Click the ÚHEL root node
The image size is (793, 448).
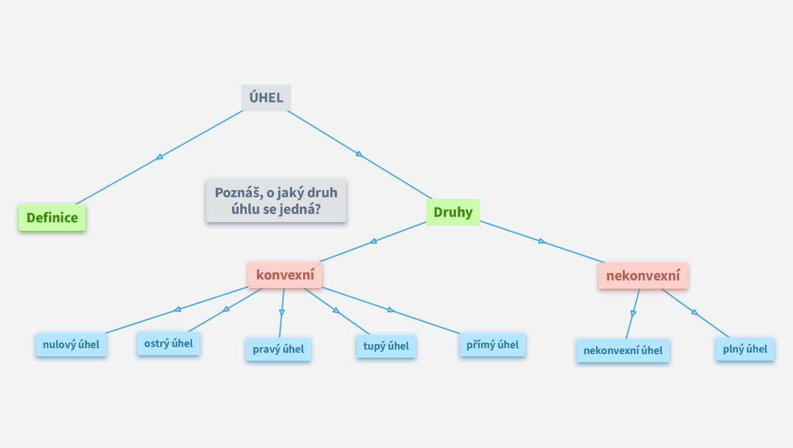pos(266,97)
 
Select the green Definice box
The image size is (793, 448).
pos(52,218)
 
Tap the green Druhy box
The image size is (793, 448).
pos(453,212)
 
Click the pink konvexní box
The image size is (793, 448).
pos(285,275)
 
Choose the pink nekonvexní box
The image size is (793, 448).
pos(643,275)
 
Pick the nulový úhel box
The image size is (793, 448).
pos(71,345)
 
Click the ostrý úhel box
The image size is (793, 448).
pos(169,344)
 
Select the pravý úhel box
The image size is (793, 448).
pos(278,349)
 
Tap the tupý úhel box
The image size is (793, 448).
pos(386,346)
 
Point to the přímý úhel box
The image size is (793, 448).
pos(493,345)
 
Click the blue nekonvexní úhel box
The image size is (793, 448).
pos(623,351)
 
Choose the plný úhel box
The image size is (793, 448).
pos(745,349)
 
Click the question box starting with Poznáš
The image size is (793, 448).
pos(276,201)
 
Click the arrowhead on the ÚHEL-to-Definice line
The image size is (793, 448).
pos(160,156)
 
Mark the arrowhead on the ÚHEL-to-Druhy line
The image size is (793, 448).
pos(359,153)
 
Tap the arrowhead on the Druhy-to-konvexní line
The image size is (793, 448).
pos(373,241)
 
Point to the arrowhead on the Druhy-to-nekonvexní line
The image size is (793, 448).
pos(542,241)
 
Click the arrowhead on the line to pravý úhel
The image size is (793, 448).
pos(282,313)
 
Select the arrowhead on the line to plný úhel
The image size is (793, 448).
pos(694,312)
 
